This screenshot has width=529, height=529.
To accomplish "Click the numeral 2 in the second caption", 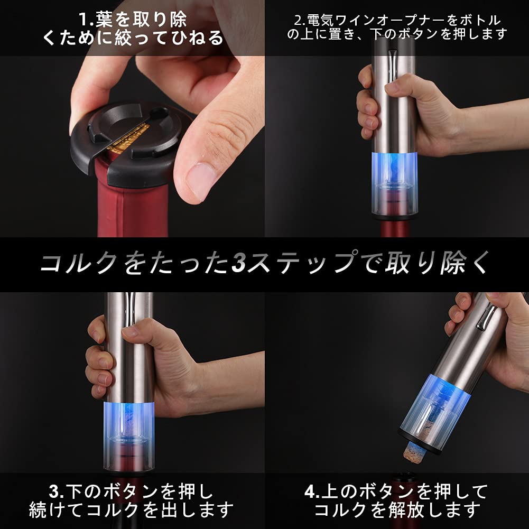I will click(298, 21).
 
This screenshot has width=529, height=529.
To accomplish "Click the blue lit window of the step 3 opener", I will click(129, 417).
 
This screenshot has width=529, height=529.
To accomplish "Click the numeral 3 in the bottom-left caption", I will click(53, 492).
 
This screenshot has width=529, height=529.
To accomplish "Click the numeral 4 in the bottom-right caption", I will click(310, 492).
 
